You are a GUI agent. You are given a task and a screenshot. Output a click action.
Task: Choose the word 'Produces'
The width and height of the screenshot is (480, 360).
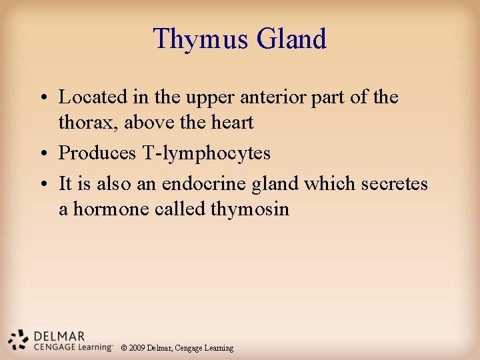tap(97, 153)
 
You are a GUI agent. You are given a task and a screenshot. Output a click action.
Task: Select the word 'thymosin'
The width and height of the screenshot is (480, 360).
tap(250, 210)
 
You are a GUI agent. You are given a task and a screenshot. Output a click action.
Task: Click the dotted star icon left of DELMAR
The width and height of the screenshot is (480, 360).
tap(18, 339)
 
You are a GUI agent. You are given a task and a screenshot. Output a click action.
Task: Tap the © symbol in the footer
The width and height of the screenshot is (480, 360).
tap(123, 348)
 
